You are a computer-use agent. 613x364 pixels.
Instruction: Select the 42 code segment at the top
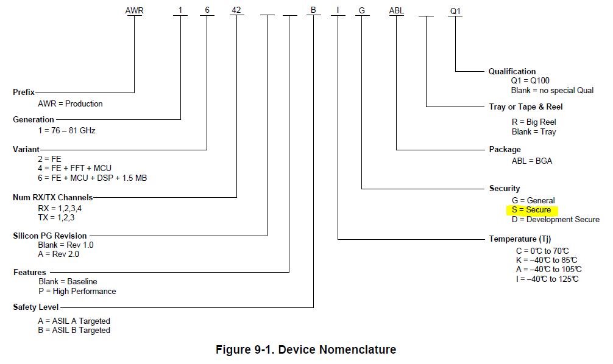click(236, 10)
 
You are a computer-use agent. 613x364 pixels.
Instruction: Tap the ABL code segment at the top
click(397, 10)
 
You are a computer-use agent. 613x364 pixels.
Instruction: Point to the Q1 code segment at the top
click(456, 10)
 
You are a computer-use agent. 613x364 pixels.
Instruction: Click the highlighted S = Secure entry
click(531, 210)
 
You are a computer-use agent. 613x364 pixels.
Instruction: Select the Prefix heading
click(24, 93)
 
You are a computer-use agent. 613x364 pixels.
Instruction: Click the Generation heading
click(34, 120)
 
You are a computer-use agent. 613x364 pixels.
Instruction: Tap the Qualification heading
click(512, 72)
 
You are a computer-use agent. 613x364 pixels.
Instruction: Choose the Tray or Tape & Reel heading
click(525, 107)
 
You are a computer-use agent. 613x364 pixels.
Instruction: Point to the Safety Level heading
click(36, 307)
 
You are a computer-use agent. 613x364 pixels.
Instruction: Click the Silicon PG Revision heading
click(50, 236)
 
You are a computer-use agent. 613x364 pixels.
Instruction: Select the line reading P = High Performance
click(77, 291)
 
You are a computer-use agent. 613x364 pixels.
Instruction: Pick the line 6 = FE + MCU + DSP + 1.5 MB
click(92, 178)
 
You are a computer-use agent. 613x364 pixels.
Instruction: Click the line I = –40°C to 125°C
click(548, 279)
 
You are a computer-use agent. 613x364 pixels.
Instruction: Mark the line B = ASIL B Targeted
click(74, 330)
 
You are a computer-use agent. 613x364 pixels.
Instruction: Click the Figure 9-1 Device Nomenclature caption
click(306, 350)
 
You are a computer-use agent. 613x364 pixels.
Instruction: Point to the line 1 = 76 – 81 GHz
click(66, 130)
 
